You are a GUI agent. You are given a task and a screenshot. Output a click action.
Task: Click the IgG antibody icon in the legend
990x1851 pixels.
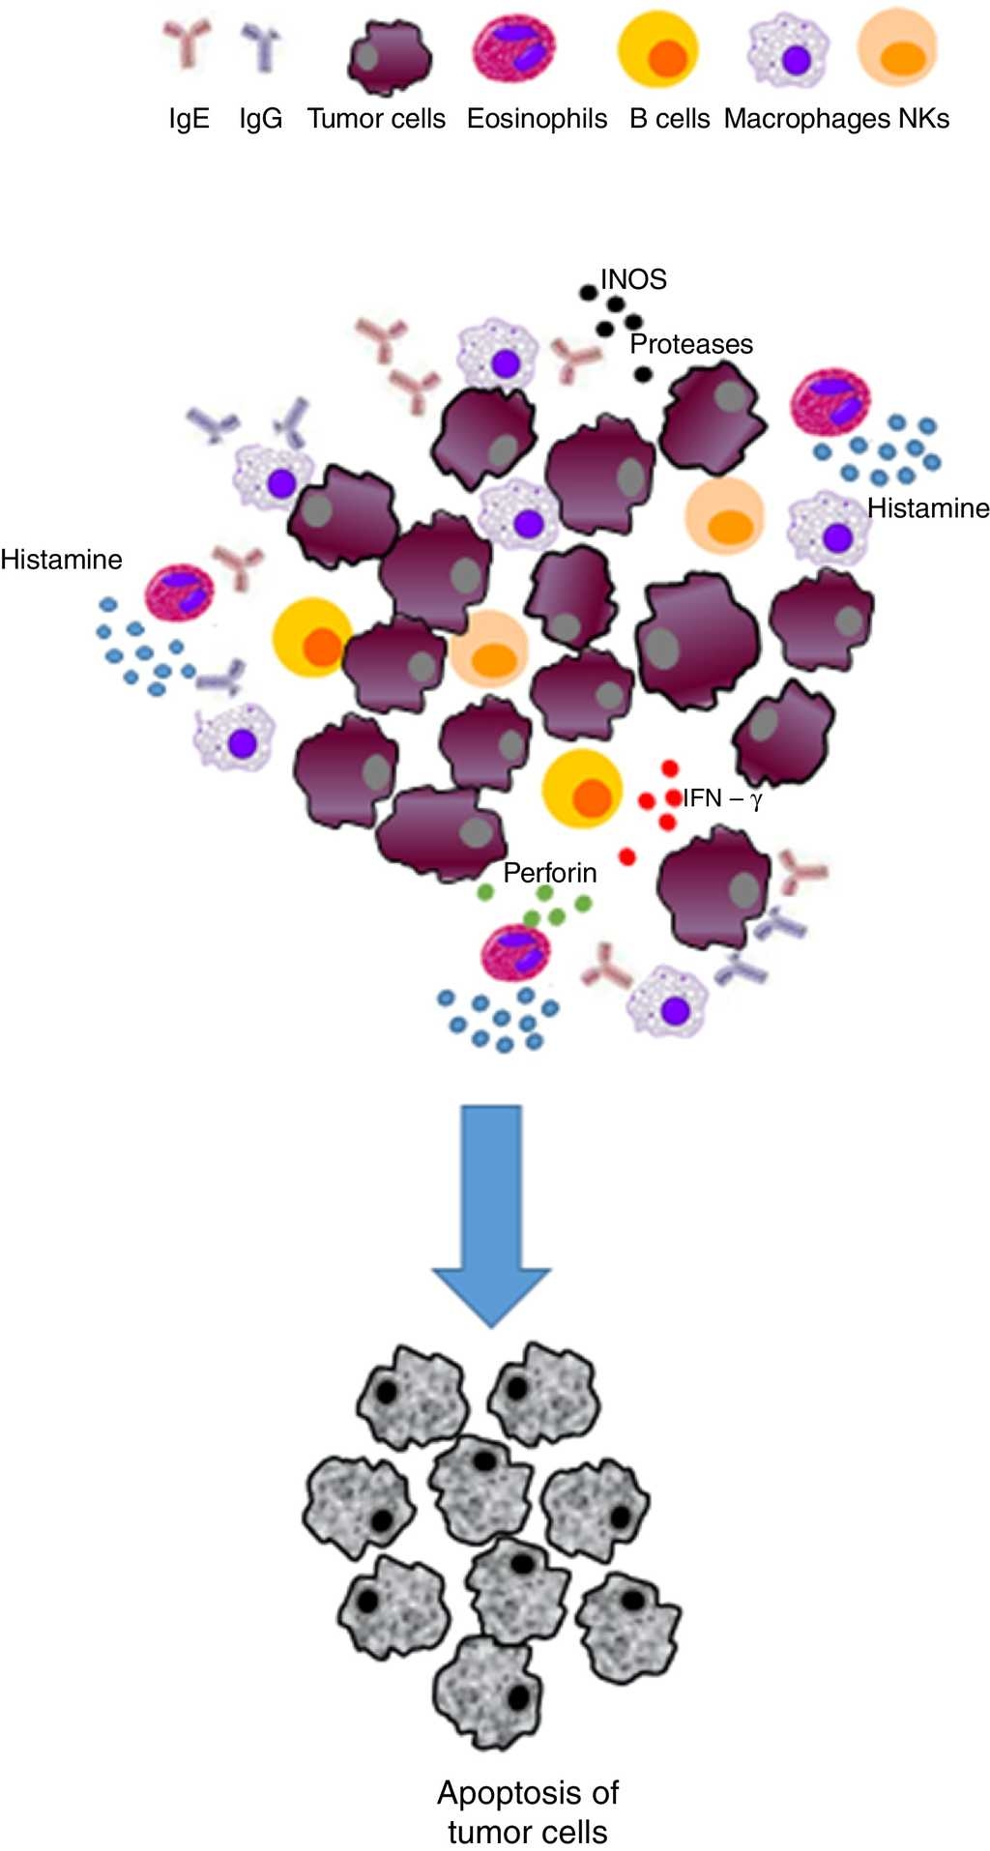pyautogui.click(x=260, y=49)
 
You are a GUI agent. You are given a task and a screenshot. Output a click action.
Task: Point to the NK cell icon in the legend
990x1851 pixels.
pyautogui.click(x=897, y=48)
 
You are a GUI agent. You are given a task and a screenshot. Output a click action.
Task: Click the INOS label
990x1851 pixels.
pyautogui.click(x=633, y=280)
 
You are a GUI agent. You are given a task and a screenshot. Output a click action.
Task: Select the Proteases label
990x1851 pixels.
pyautogui.click(x=691, y=344)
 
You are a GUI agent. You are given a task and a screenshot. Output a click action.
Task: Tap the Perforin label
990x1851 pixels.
pyautogui.click(x=550, y=873)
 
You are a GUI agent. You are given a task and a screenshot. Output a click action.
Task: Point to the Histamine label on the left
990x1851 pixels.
pyautogui.click(x=61, y=560)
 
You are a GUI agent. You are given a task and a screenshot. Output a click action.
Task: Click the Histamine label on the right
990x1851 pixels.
pyautogui.click(x=928, y=508)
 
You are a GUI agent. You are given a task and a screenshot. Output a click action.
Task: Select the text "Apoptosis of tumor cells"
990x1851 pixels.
pyautogui.click(x=528, y=1812)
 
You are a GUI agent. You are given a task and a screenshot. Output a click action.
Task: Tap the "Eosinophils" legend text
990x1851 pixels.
pyautogui.click(x=537, y=119)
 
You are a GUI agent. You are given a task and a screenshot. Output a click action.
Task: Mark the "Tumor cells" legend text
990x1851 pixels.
pyautogui.click(x=376, y=119)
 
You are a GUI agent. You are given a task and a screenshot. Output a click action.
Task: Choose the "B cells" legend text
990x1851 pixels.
pyautogui.click(x=670, y=119)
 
